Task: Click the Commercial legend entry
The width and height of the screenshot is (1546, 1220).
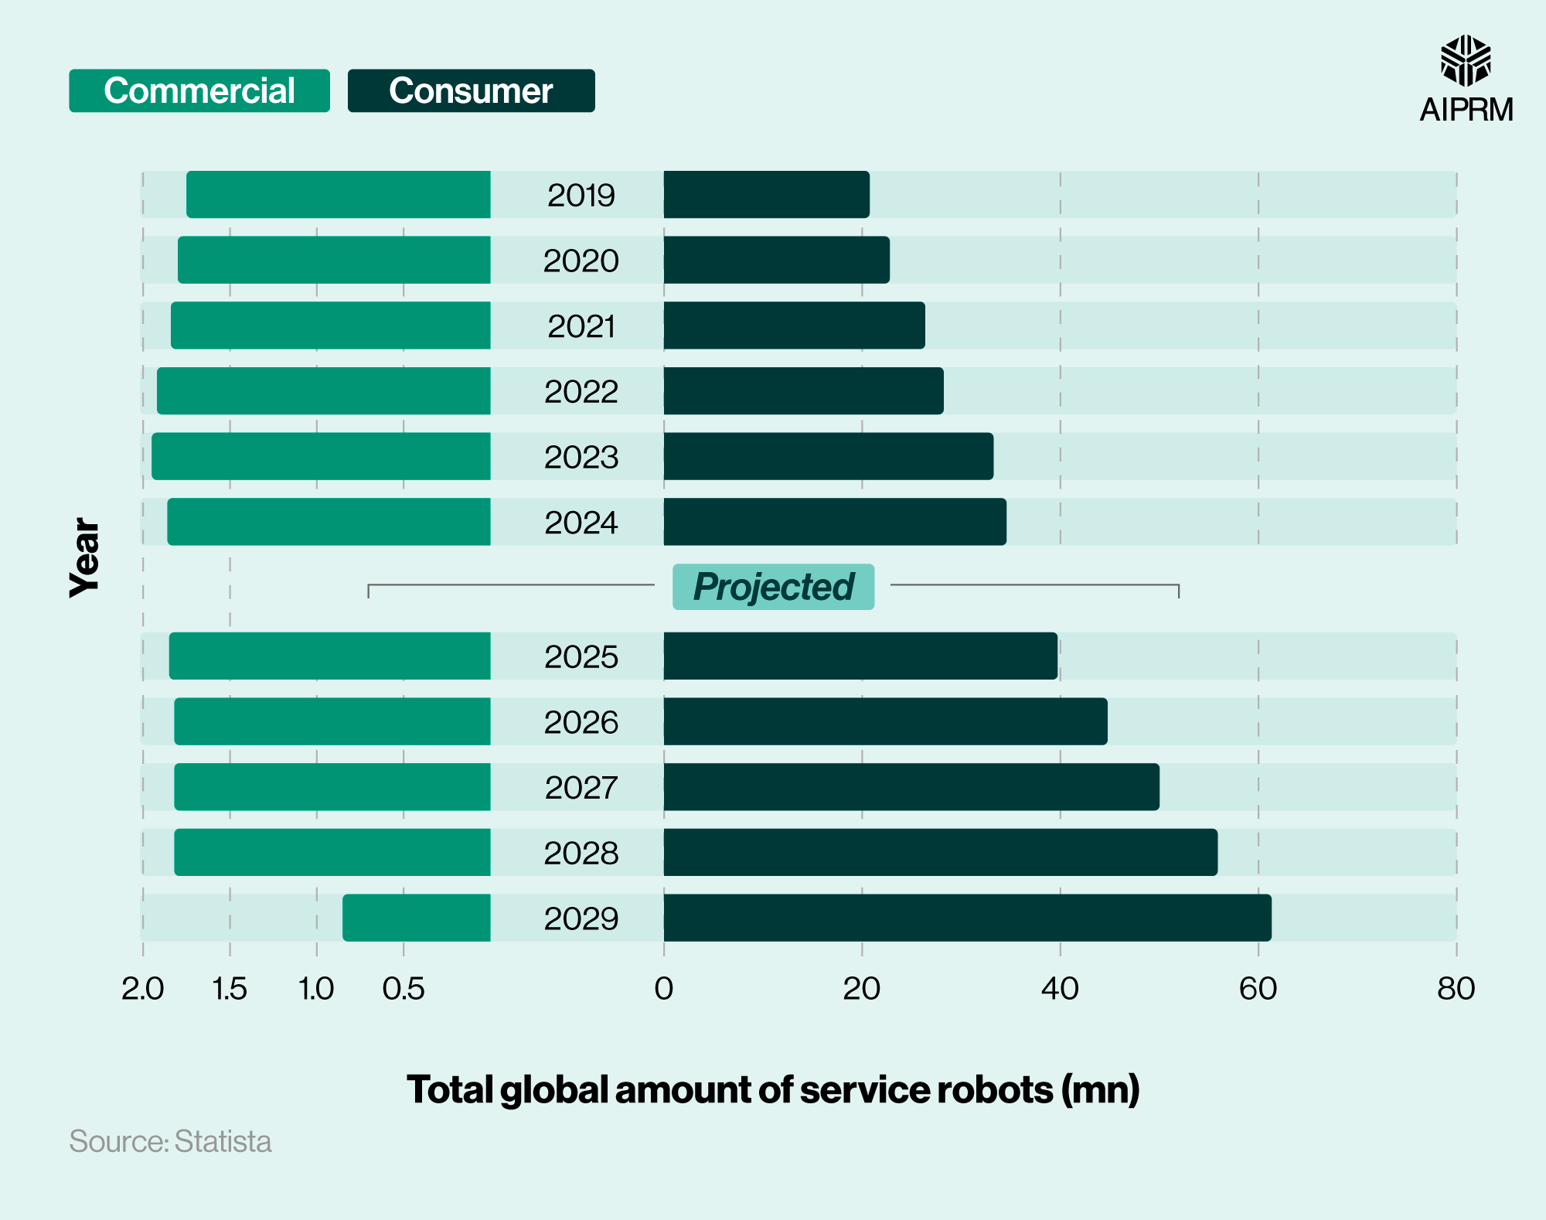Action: pos(199,91)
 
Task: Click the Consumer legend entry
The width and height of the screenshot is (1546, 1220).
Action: pos(471,91)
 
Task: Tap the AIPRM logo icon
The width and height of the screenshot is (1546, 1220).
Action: pos(1466,60)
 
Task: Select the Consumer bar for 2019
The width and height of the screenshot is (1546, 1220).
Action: pos(766,195)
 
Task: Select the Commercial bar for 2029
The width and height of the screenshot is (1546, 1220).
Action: pos(417,918)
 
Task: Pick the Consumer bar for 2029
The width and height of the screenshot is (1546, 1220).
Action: pos(967,918)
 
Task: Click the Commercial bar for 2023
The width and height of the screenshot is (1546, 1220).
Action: pos(321,456)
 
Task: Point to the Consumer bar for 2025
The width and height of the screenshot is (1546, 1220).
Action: pos(860,656)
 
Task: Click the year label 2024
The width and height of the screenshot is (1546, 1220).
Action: pos(581,523)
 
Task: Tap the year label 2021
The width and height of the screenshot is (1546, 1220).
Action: pos(581,326)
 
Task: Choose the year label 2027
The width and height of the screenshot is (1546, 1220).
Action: pos(581,788)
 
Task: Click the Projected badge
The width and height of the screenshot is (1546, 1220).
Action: pos(773,587)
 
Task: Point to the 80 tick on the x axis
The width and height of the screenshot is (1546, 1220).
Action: pos(1456,989)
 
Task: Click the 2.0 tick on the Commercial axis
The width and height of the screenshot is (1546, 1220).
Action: pos(143,989)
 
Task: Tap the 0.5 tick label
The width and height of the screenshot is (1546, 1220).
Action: pos(404,989)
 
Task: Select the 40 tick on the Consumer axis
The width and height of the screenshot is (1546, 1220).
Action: pos(1060,989)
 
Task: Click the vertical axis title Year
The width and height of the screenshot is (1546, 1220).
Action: pos(84,557)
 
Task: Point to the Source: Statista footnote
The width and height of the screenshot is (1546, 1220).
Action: pos(170,1142)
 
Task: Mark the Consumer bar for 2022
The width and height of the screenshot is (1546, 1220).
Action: pos(803,391)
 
